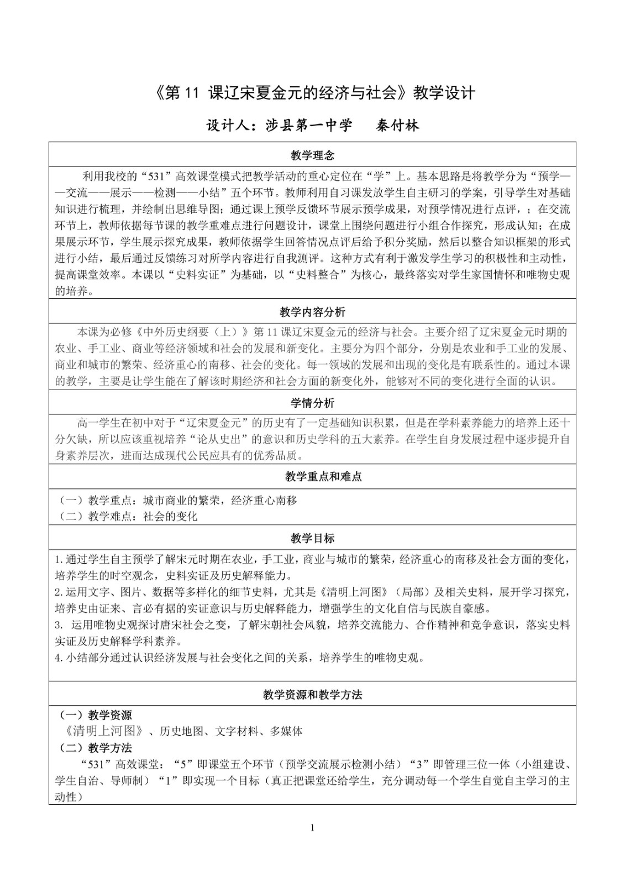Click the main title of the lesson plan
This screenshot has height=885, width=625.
(x=312, y=93)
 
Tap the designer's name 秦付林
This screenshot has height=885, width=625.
(x=397, y=126)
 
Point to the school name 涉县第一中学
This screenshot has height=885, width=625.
(x=308, y=126)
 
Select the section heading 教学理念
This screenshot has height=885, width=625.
(x=312, y=155)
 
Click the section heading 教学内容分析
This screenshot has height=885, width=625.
(x=312, y=313)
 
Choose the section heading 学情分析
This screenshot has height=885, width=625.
(x=312, y=403)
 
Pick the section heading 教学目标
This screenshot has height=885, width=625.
(x=312, y=538)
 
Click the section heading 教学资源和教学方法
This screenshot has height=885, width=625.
(x=312, y=695)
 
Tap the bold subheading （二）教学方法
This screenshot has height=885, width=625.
(x=96, y=748)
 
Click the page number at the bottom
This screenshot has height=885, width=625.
(x=313, y=827)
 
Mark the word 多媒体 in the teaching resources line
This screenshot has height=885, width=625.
(x=287, y=731)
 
